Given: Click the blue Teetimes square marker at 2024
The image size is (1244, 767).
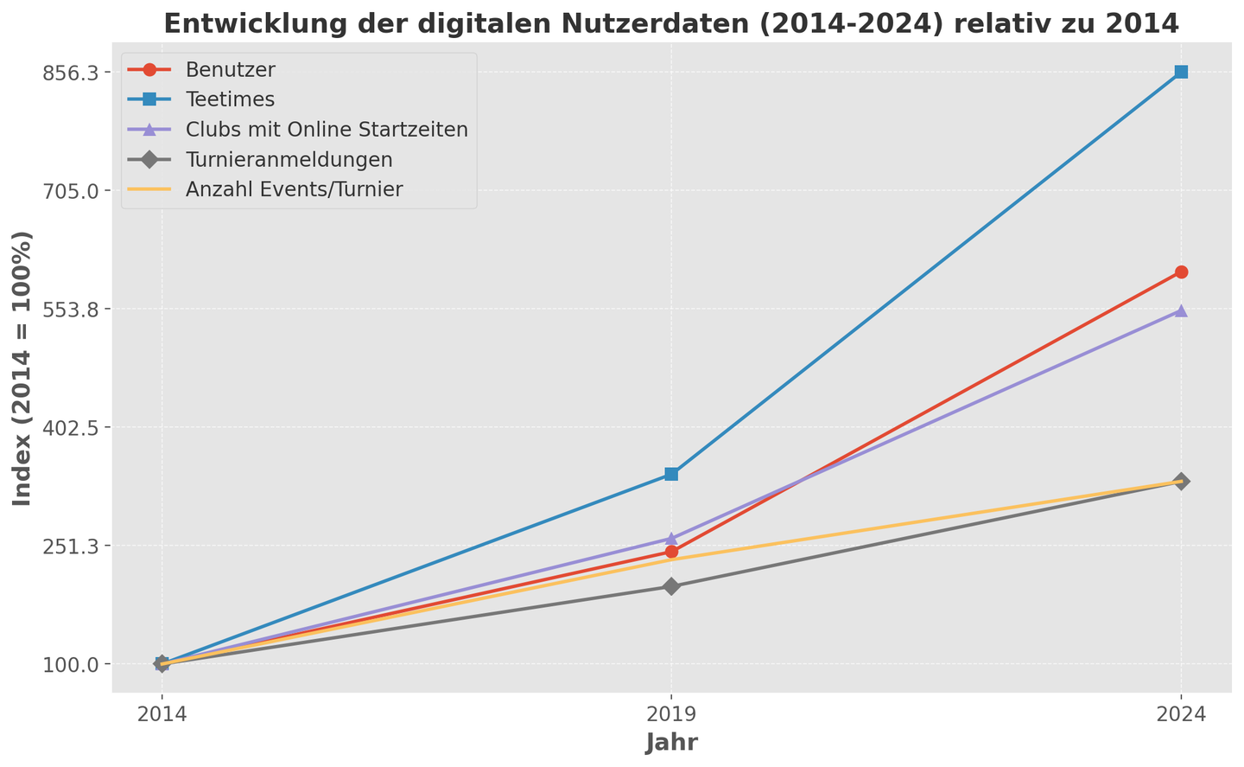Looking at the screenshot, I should pos(1181,72).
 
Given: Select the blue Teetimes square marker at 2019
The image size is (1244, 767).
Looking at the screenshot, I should pos(671,474).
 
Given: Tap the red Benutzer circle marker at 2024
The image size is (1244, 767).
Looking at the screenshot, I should pos(1181,272).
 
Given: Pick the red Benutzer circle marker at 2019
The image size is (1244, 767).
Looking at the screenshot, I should pos(671,552).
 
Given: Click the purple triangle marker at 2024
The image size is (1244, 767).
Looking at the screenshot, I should pos(1181,310).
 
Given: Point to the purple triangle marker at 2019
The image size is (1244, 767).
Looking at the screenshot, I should pos(671,539).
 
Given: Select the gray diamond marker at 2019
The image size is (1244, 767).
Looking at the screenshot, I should pos(671,586).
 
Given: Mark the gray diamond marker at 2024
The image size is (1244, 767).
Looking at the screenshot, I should pos(1181,481).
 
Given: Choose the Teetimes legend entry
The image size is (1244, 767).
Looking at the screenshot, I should pos(230,99).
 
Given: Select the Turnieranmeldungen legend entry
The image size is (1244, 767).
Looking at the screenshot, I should pos(289,160).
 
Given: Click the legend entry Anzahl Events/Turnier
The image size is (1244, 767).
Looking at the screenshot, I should pos(294,190).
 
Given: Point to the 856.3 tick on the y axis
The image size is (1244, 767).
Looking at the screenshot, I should pos(75,73).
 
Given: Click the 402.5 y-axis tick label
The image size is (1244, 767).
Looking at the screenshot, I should pos(75,428).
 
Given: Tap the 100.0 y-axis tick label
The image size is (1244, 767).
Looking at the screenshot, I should pos(75,665).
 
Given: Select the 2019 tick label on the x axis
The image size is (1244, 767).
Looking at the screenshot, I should pos(671,716).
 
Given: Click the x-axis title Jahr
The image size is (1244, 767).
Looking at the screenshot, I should pos(671,743).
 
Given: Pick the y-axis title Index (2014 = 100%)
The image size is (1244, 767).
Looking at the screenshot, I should pos(23,368).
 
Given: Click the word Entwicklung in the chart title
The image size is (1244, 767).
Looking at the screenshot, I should pos(227,23).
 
